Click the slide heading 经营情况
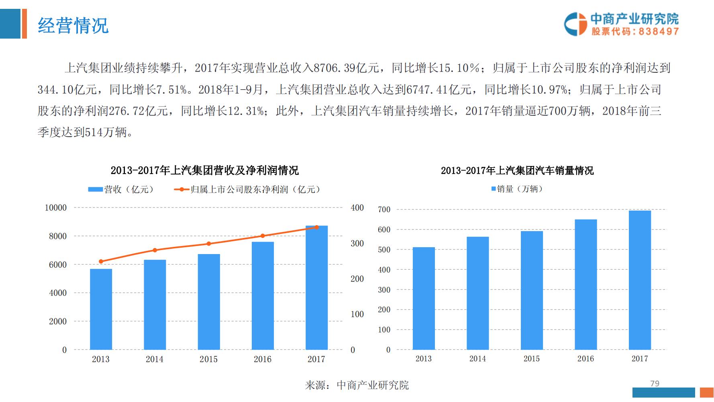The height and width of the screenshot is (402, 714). tap(73, 26)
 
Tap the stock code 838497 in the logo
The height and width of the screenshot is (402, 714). tap(659, 31)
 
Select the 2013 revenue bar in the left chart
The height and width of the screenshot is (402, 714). tap(101, 310)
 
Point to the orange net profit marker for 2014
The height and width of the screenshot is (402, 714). tap(155, 250)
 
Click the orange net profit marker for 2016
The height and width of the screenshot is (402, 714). tap(263, 236)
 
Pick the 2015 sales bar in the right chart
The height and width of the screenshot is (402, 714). tap(532, 290)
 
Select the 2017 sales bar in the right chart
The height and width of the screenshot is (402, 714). tap(640, 280)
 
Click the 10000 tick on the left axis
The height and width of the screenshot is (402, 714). tap(56, 208)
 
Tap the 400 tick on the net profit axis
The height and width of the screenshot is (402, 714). tap(357, 208)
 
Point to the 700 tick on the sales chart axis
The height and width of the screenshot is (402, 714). tap(384, 209)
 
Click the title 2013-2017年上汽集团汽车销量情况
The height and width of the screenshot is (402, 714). tap(517, 170)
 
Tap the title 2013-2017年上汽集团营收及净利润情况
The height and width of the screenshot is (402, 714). tap(204, 170)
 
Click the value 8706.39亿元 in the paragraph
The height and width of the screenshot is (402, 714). tap(346, 68)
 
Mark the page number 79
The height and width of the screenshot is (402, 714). tap(655, 384)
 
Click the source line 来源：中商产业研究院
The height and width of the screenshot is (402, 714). tap(357, 385)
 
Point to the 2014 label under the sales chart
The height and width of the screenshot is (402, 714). tap(477, 359)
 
